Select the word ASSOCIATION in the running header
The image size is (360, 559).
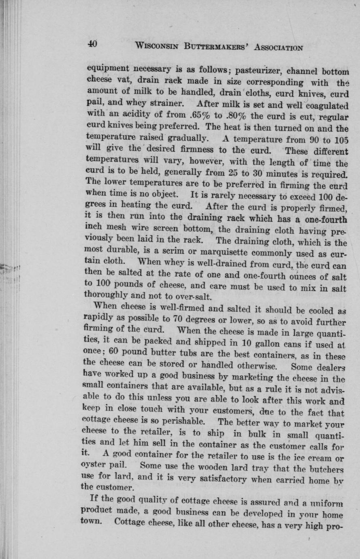point(279,47)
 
